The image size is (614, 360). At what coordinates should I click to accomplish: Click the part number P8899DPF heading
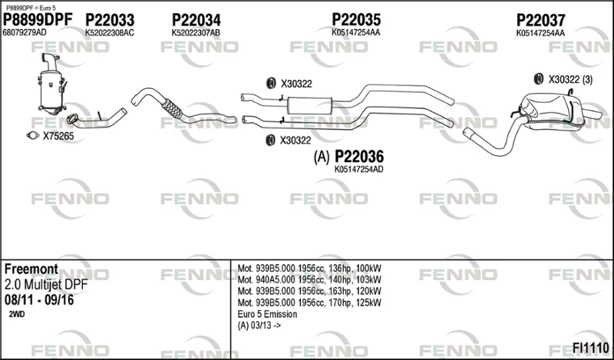click(x=38, y=19)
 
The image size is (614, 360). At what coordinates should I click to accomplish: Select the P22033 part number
click(x=110, y=20)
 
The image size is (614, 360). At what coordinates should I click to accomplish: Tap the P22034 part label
click(x=196, y=20)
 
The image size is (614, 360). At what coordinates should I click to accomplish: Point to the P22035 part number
click(x=356, y=19)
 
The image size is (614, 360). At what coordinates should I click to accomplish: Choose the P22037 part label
click(x=541, y=20)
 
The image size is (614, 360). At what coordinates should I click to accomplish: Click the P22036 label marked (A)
click(x=348, y=157)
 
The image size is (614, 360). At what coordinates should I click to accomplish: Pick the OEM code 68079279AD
click(x=25, y=32)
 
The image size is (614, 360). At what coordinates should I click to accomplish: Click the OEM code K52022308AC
click(x=110, y=33)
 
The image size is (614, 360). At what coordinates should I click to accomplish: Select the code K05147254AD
click(x=358, y=169)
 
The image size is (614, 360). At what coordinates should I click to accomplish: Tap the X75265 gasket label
click(x=58, y=137)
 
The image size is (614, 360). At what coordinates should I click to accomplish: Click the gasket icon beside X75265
click(x=33, y=136)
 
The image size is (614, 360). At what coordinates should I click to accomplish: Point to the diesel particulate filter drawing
click(x=51, y=84)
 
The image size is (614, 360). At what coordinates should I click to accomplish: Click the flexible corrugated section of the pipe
click(x=172, y=108)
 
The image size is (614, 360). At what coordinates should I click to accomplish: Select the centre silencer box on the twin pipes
click(x=309, y=105)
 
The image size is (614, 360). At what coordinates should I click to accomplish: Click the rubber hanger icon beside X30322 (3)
click(x=539, y=79)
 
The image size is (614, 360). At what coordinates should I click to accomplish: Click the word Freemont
click(x=31, y=269)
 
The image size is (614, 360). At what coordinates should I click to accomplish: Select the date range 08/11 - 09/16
click(x=39, y=300)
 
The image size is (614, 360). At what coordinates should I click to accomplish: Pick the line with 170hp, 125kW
click(x=309, y=302)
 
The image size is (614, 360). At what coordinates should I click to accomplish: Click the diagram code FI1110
click(x=590, y=348)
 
